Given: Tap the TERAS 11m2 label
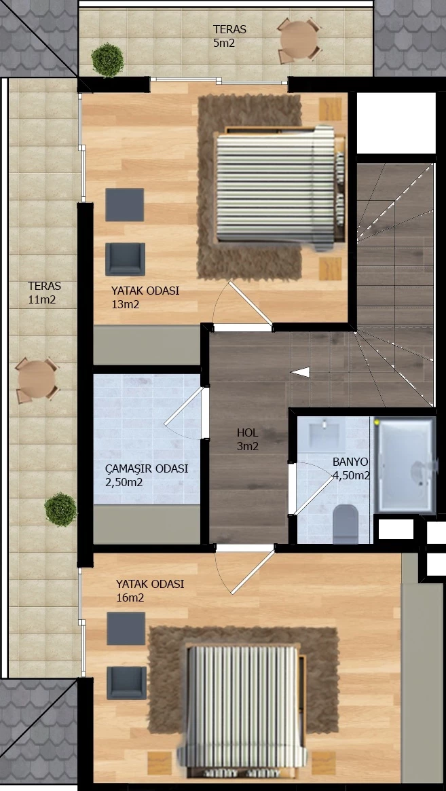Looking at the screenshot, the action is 44,293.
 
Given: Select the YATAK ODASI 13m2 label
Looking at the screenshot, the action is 145,297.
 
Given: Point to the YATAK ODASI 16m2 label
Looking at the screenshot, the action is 150,591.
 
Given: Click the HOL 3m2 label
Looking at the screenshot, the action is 248,439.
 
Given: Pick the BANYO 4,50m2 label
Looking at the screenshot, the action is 351,468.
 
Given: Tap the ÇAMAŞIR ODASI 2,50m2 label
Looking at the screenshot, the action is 147,475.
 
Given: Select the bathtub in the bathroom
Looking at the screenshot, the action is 404,464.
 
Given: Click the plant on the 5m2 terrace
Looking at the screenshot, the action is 107,60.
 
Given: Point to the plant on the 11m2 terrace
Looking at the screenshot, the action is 60,509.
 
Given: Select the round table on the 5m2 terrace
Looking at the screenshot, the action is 299,41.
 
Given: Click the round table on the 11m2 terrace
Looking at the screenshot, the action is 37,380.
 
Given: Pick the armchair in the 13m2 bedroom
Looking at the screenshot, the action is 125,259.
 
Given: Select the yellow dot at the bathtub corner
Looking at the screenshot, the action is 377,420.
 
